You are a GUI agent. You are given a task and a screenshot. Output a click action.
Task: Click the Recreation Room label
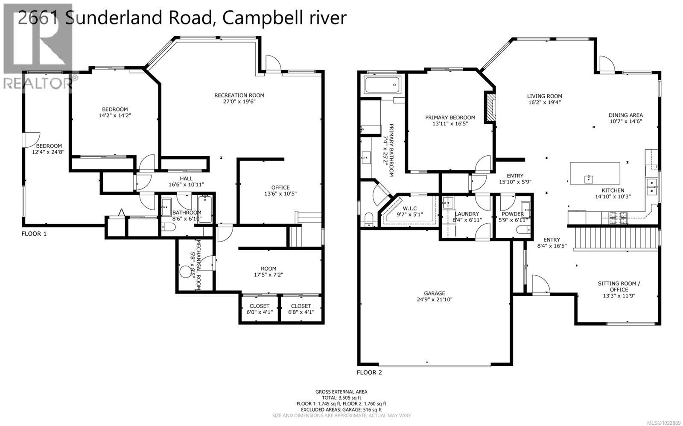(239, 95)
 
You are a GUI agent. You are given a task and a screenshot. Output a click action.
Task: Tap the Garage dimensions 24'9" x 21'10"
(435, 299)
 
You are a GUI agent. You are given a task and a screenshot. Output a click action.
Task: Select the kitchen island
(595, 173)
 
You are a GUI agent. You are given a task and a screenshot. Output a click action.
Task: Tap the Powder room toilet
(522, 230)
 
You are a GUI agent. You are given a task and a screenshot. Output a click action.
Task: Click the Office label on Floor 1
(280, 187)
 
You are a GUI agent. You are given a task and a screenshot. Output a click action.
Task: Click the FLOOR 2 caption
(369, 372)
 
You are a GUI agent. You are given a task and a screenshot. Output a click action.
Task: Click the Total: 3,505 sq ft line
(341, 397)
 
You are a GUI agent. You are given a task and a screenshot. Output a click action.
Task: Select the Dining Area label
(625, 115)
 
